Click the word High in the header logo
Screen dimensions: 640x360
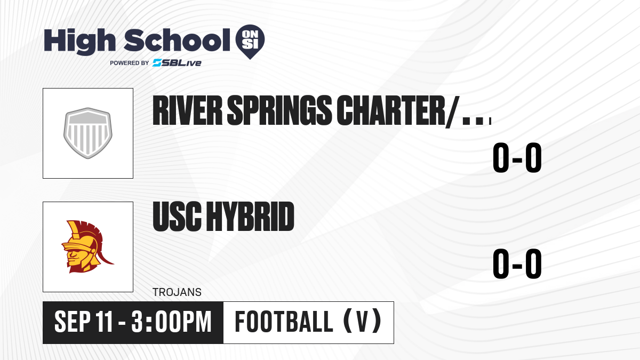79,42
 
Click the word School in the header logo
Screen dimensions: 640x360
177,40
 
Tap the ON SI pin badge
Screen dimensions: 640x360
250,42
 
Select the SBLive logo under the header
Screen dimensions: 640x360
177,63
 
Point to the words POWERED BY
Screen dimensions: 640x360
130,63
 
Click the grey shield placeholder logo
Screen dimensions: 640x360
88,133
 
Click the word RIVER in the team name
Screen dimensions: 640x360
187,110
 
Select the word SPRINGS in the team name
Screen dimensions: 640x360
279,110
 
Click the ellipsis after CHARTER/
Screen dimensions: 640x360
477,121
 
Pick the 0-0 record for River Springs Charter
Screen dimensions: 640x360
517,157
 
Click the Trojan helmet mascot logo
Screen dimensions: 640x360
87,246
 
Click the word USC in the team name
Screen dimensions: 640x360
177,217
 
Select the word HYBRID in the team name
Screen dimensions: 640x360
250,217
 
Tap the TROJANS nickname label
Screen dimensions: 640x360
177,292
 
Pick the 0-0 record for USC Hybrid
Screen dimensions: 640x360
517,263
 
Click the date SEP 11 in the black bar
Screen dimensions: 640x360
84,322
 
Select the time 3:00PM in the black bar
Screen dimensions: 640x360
171,322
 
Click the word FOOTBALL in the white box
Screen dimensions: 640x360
284,322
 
